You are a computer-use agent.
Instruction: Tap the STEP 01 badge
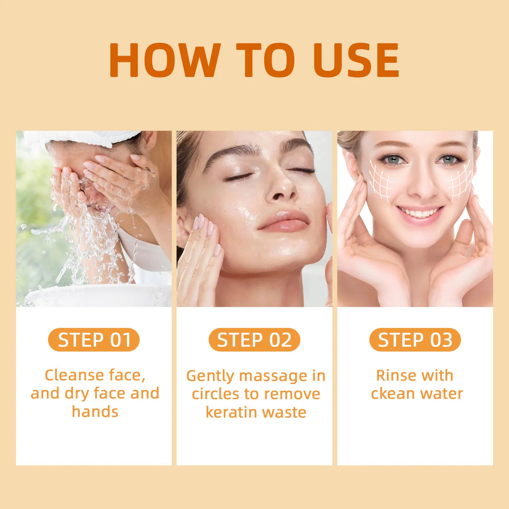coord(94,340)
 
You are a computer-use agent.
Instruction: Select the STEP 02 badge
coord(254,340)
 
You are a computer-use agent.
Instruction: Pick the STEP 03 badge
coord(415,340)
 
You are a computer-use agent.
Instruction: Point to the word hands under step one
coord(95,412)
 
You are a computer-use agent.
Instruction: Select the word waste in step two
coord(285,412)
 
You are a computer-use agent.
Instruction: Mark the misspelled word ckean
coord(393,394)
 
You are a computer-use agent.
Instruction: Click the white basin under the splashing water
coord(94,297)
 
